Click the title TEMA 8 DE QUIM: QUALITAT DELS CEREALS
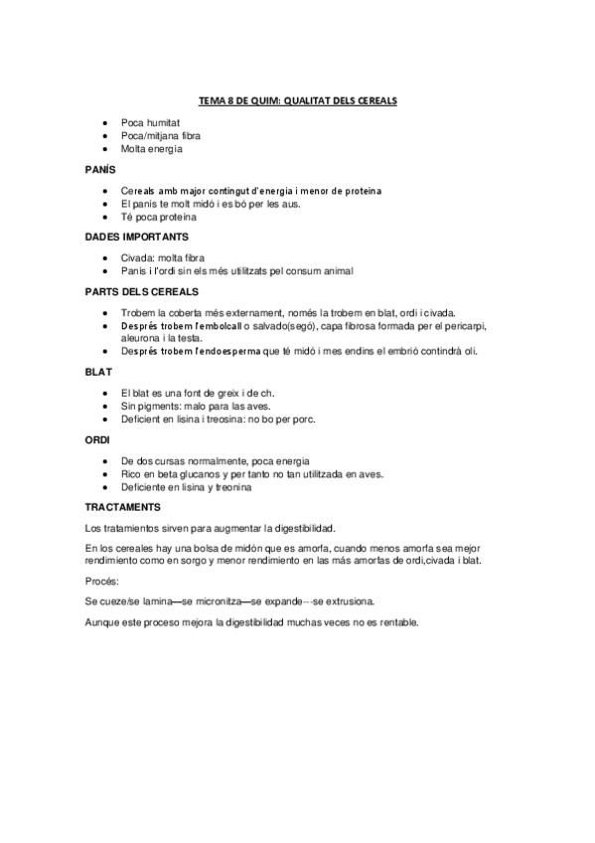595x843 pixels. click(x=297, y=101)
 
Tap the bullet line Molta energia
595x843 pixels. click(x=153, y=149)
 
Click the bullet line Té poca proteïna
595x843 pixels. click(x=158, y=217)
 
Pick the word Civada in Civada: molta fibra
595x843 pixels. click(x=137, y=257)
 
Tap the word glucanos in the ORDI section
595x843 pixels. click(x=193, y=473)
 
